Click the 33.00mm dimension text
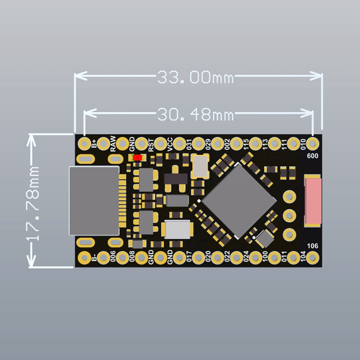click(x=195, y=77)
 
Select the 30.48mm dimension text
click(x=195, y=114)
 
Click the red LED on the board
click(x=138, y=157)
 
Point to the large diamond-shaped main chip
click(x=239, y=201)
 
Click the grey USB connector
click(x=94, y=201)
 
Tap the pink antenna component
click(x=313, y=201)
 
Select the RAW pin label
click(x=113, y=144)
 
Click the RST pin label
click(x=151, y=144)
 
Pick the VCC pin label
click(x=170, y=144)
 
